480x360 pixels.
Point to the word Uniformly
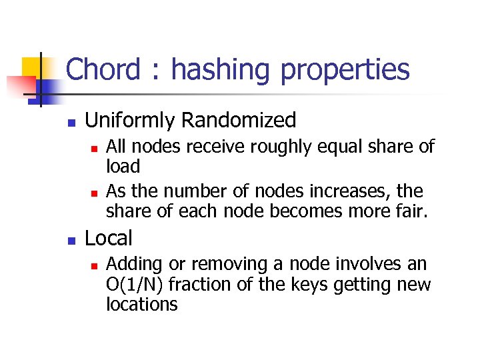[x=131, y=121]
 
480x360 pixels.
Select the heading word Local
[x=109, y=238]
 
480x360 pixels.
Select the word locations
[x=141, y=305]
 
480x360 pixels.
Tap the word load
[x=123, y=167]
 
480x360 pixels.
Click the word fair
[x=411, y=212]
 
